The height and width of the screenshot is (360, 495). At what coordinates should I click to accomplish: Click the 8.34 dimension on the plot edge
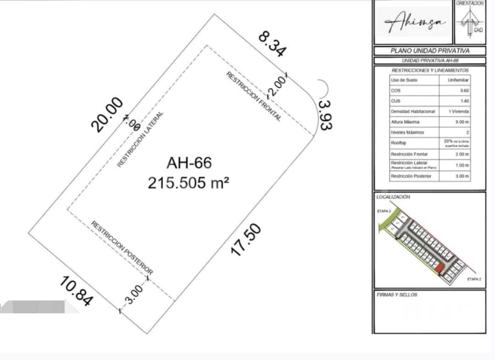[x=272, y=44]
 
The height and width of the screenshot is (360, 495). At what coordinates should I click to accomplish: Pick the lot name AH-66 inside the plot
[x=189, y=163]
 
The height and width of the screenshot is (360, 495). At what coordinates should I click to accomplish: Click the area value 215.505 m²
[x=188, y=183]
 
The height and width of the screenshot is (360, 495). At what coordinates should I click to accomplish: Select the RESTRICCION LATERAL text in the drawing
[x=140, y=139]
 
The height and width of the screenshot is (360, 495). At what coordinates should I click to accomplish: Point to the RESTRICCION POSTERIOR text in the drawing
[x=122, y=247]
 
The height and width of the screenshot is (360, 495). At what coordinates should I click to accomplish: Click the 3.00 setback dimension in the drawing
[x=133, y=294]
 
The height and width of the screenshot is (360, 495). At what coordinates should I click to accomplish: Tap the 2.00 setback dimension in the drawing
[x=278, y=86]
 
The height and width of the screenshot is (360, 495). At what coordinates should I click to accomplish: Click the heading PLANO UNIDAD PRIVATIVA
[x=430, y=51]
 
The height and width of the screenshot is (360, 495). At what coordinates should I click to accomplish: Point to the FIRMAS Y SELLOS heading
[x=396, y=295]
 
